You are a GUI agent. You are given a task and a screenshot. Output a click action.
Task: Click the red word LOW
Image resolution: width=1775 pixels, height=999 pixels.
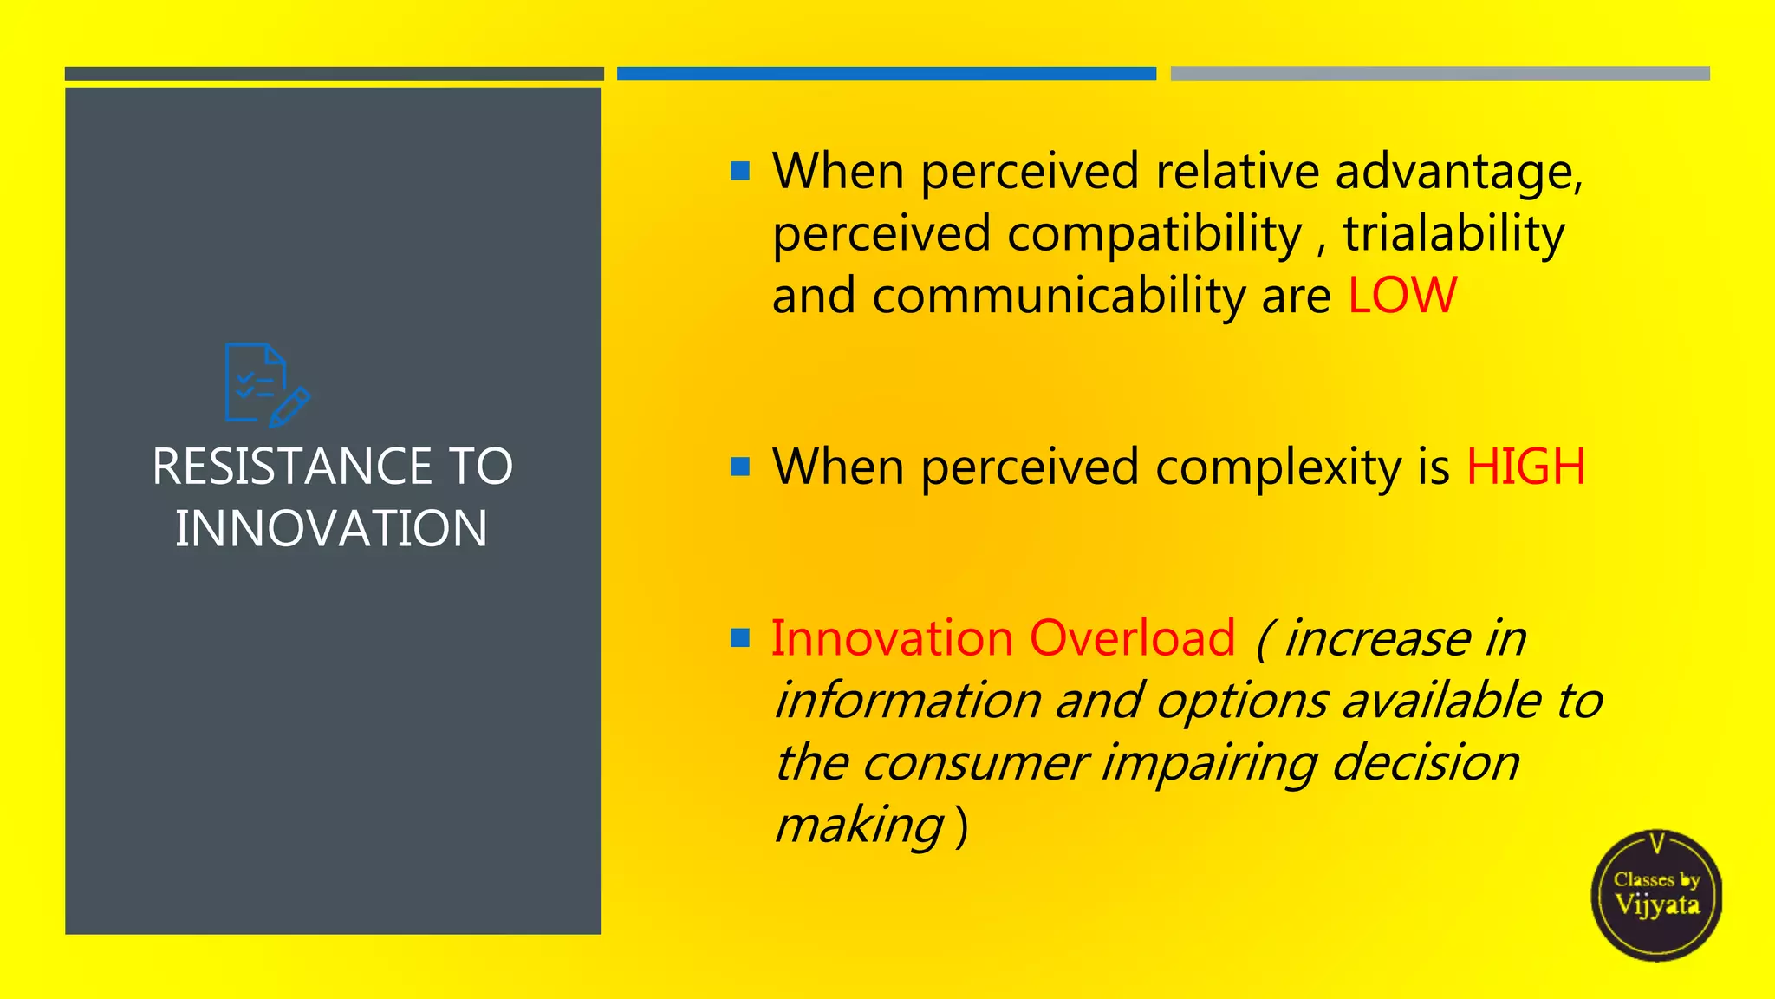tap(1401, 296)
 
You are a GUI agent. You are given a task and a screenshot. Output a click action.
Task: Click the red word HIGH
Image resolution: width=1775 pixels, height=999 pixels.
tap(1525, 467)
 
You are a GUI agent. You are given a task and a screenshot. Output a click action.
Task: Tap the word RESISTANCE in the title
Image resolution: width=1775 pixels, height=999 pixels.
tap(291, 467)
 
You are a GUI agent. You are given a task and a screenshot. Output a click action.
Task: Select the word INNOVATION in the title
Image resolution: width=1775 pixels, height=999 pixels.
tap(331, 529)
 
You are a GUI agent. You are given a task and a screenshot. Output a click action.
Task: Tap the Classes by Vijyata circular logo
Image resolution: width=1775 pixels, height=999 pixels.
tap(1656, 895)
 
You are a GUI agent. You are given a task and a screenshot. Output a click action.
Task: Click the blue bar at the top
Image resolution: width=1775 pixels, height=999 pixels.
tap(886, 74)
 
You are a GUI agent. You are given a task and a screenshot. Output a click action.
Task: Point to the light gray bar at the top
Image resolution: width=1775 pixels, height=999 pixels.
tap(1440, 74)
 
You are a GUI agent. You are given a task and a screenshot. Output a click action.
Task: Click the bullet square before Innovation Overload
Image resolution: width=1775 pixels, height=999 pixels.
tap(740, 639)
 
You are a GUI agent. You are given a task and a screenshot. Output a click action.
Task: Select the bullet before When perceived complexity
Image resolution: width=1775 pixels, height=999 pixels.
tap(740, 467)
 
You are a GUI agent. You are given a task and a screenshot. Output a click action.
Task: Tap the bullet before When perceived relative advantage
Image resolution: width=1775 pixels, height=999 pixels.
tap(740, 171)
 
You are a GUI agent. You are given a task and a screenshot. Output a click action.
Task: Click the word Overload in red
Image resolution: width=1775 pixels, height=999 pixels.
tap(1132, 639)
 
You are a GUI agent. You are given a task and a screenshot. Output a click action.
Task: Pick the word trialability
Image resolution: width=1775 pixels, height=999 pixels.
tap(1453, 234)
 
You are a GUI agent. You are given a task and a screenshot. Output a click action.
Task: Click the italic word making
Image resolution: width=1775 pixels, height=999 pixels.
tap(858, 826)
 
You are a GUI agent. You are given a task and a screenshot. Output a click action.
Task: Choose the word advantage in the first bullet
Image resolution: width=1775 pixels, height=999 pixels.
tap(1459, 173)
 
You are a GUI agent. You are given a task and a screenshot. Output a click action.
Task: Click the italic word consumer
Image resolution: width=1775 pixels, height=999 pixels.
tap(975, 764)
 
